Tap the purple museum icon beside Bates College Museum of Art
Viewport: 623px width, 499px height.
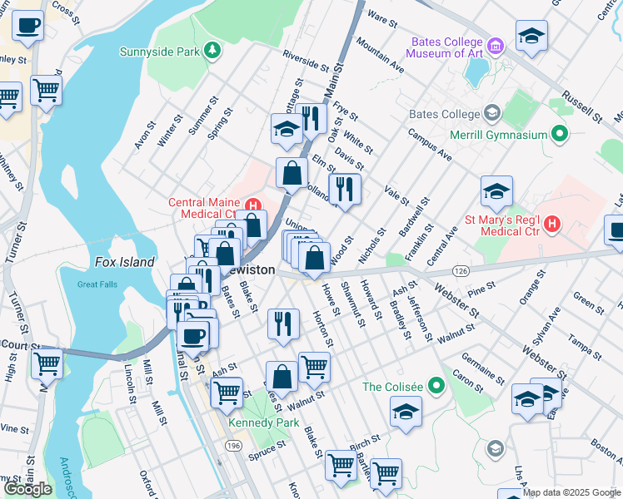(496, 44)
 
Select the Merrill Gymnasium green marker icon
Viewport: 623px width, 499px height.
(560, 134)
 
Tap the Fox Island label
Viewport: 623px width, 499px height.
(124, 262)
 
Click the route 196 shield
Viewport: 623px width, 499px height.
(233, 447)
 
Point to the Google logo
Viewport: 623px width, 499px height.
(27, 489)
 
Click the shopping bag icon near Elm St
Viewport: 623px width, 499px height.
(292, 173)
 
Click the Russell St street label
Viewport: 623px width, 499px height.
(581, 106)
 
